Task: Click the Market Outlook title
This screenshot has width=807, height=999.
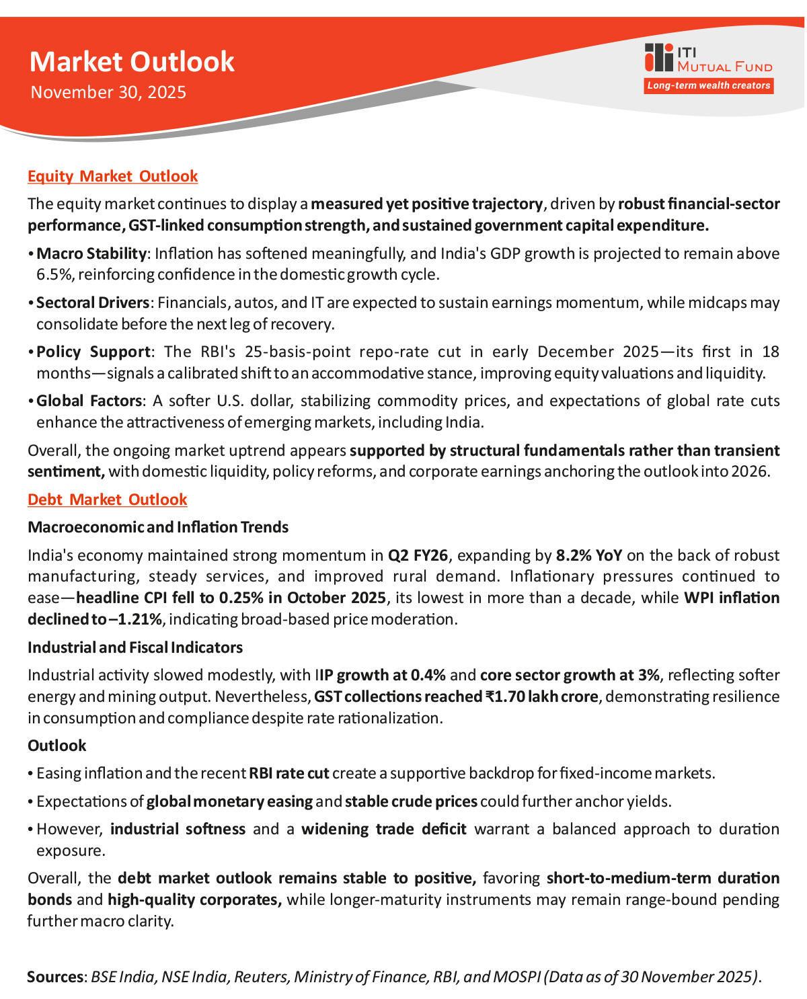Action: pyautogui.click(x=132, y=62)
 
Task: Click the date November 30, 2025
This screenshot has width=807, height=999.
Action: pyautogui.click(x=108, y=92)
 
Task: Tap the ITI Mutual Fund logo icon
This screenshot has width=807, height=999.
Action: pyautogui.click(x=658, y=57)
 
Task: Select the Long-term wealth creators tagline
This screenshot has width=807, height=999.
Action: pyautogui.click(x=708, y=85)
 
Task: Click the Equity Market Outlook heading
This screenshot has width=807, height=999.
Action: pyautogui.click(x=112, y=176)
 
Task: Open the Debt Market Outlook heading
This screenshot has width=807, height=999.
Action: pyautogui.click(x=107, y=499)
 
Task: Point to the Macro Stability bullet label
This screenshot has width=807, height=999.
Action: pyautogui.click(x=91, y=253)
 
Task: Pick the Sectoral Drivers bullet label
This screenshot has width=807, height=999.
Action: pyautogui.click(x=93, y=303)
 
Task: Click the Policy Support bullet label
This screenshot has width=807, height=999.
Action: pyautogui.click(x=93, y=352)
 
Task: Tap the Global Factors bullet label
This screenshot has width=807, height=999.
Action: pyautogui.click(x=89, y=401)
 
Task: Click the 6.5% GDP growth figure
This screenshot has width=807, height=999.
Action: pyautogui.click(x=50, y=274)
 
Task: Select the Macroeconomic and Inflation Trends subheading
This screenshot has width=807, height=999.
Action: pyautogui.click(x=158, y=527)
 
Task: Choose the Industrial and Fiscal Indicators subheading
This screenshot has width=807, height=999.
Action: pyautogui.click(x=135, y=647)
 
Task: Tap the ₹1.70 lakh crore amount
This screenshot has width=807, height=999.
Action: pyautogui.click(x=541, y=696)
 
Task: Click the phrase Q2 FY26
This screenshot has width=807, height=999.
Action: pyautogui.click(x=418, y=555)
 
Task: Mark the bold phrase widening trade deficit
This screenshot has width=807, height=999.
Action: pyautogui.click(x=383, y=829)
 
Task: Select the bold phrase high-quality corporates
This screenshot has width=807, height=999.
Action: pyautogui.click(x=194, y=900)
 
